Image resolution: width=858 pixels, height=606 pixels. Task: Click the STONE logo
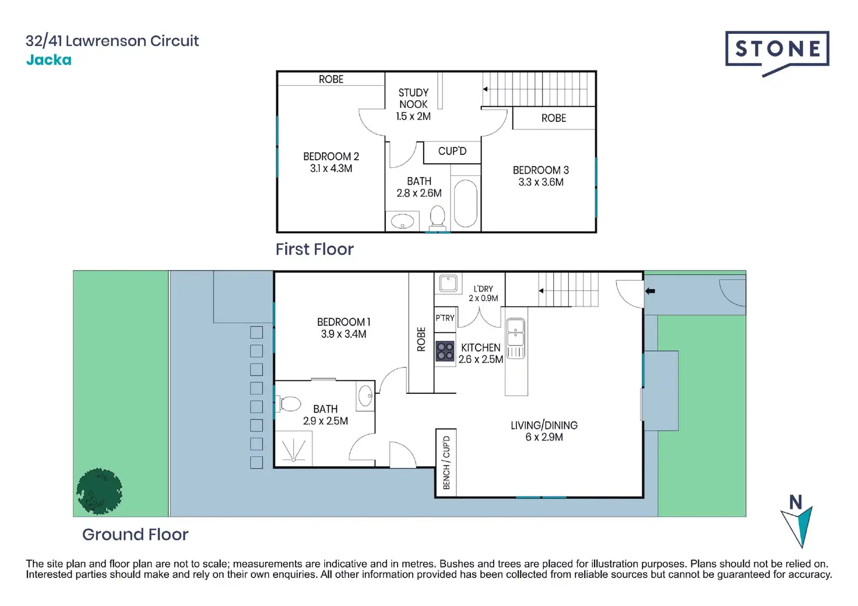coord(777,51)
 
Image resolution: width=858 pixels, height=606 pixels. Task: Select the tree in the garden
coord(99,491)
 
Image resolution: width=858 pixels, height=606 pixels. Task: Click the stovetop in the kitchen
coord(445,351)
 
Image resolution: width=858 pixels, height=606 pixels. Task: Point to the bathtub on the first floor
coord(465,203)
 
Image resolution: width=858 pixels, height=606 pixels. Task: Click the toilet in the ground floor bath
coord(289,403)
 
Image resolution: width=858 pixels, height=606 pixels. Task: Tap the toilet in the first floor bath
coord(437,217)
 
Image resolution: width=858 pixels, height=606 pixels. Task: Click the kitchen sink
coord(516,338)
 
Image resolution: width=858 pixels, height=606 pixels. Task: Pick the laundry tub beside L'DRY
coord(448,283)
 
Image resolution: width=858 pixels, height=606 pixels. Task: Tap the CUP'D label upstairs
coord(452,151)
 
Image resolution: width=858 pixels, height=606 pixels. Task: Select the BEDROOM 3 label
coord(540,170)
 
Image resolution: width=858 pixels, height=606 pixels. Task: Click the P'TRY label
coord(445,318)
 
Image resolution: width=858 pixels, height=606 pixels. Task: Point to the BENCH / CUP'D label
coord(446,463)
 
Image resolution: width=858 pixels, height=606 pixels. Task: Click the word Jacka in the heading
coord(49,60)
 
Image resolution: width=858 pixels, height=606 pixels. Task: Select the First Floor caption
coord(315,249)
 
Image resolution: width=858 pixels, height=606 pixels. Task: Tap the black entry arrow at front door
coord(650,291)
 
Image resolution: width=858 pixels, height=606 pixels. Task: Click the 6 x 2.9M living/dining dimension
coord(544,437)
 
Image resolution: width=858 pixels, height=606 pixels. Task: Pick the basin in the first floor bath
coord(402,221)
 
